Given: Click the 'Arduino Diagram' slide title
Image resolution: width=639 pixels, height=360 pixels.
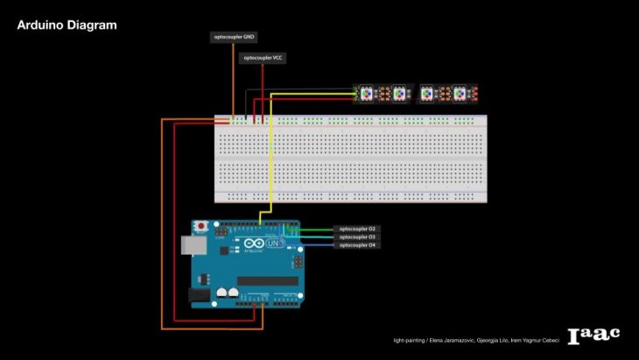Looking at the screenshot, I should [67, 25].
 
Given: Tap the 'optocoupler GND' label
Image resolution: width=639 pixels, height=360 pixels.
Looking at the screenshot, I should [235, 37].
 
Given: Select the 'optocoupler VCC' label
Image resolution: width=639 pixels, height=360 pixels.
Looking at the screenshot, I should [263, 58].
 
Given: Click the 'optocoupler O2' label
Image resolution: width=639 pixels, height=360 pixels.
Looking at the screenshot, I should [357, 229].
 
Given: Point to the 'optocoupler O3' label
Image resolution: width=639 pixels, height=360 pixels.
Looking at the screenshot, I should [357, 236].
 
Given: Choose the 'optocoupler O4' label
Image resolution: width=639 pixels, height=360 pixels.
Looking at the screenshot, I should [357, 245].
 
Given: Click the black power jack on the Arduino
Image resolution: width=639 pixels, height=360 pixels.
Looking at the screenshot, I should [200, 297].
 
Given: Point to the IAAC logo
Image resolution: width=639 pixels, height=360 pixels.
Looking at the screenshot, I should [593, 335].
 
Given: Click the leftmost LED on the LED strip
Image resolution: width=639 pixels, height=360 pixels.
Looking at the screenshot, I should [366, 92].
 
